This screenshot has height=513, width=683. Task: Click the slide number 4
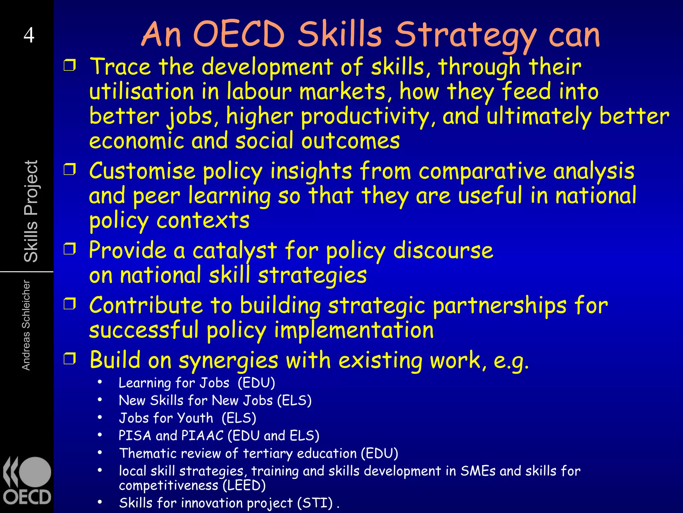click(x=29, y=35)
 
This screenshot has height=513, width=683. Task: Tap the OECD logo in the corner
click(x=27, y=481)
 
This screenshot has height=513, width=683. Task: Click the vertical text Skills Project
click(x=31, y=211)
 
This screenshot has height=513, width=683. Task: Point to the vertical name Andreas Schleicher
click(x=26, y=325)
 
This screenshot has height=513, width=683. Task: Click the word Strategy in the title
click(x=466, y=35)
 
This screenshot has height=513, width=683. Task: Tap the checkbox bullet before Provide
click(x=70, y=249)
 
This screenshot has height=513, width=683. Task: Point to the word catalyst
click(x=235, y=250)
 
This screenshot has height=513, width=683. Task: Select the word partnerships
click(x=499, y=306)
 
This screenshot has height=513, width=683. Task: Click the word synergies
click(x=228, y=361)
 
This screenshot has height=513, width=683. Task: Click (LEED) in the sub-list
click(x=244, y=485)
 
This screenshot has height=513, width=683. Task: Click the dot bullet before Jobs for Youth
click(x=100, y=417)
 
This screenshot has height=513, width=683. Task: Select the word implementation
click(x=354, y=330)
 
